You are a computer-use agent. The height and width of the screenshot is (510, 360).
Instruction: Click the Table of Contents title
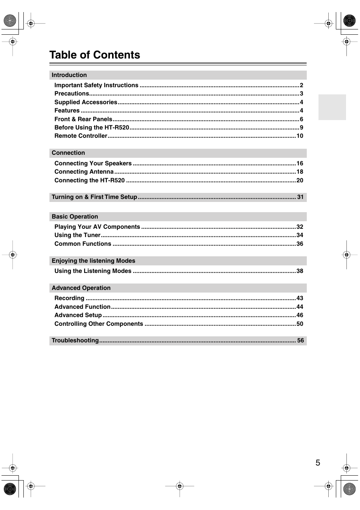[95, 55]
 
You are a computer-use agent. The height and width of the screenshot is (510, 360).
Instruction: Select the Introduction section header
[69, 75]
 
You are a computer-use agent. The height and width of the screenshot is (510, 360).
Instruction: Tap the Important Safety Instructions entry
[96, 85]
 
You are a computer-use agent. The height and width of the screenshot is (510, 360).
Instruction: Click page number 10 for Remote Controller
[300, 136]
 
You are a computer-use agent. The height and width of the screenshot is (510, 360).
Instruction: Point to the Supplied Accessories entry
[86, 102]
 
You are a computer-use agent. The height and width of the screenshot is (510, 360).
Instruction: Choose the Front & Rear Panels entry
[83, 119]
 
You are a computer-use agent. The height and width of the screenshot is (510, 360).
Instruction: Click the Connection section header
[68, 153]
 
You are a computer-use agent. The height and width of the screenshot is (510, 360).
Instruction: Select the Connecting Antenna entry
[84, 172]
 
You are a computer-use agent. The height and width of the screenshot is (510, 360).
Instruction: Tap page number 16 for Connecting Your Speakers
[300, 163]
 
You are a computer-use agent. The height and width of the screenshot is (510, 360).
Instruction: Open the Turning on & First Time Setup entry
[94, 197]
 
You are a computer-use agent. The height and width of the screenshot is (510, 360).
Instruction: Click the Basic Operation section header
[75, 217]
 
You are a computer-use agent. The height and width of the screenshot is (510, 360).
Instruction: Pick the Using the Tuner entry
[77, 235]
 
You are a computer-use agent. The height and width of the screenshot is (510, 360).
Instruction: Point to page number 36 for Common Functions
[300, 244]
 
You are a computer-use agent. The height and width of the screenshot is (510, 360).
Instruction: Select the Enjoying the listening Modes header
[93, 261]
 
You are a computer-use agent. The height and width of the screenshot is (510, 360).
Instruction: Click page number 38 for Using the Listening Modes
[300, 271]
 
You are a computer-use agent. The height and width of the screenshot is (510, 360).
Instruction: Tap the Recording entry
[69, 298]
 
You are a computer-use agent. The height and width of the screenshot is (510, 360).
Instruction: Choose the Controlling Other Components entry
[98, 324]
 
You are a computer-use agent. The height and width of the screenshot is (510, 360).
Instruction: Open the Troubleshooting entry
[75, 341]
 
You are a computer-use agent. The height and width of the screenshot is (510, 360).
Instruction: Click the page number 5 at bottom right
[318, 463]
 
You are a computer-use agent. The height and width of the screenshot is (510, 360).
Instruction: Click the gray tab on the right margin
[332, 107]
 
